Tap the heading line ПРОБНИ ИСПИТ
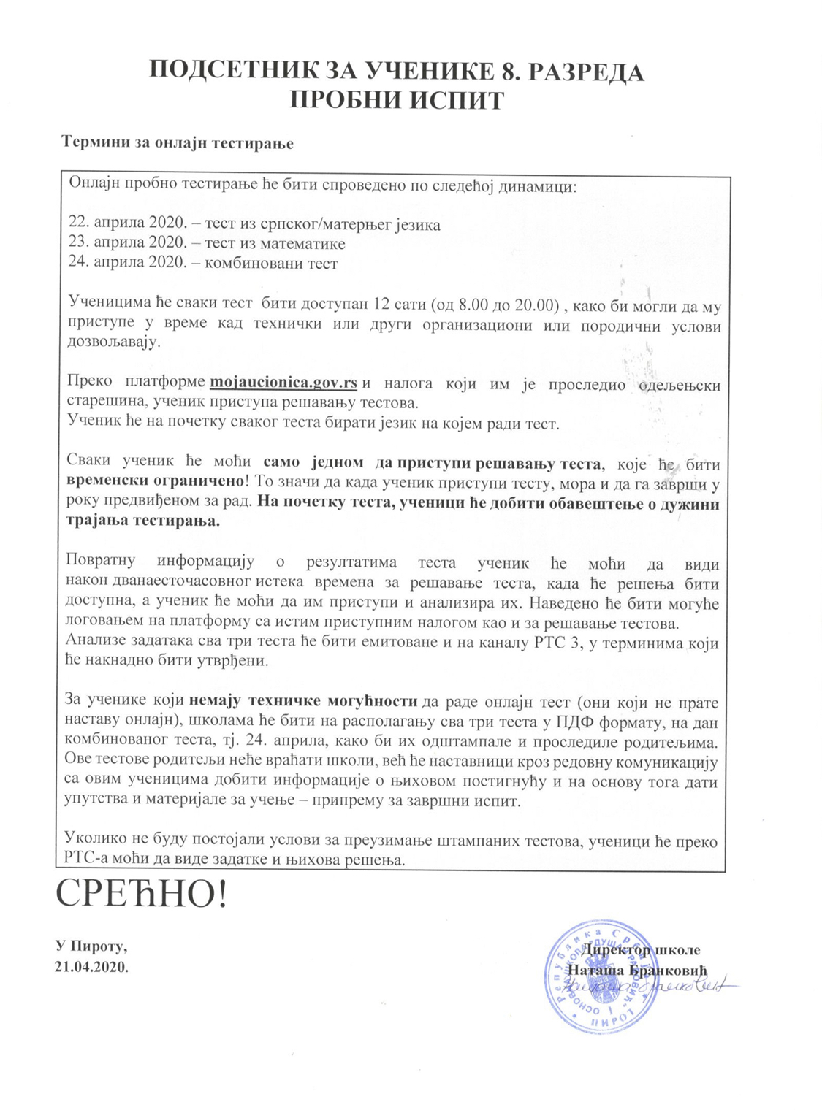point(397,100)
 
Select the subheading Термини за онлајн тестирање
point(177,143)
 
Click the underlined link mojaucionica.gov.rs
point(283,382)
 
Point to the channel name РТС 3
point(552,643)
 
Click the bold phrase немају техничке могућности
point(303,703)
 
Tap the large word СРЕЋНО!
point(142,895)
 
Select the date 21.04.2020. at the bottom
point(91,966)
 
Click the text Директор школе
point(642,950)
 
